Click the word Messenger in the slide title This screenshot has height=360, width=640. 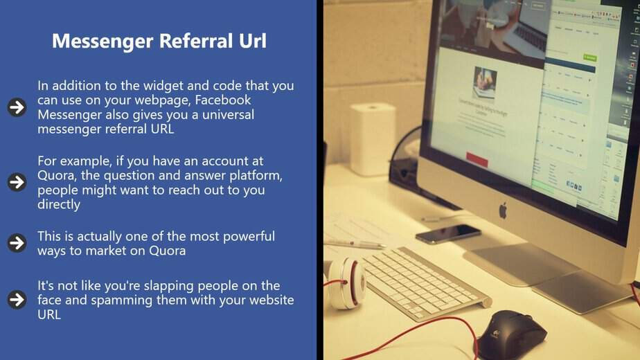[103, 42]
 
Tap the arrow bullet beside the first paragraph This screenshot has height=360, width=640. [17, 107]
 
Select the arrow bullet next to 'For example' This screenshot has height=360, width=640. [17, 182]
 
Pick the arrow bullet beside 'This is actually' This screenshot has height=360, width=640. [17, 243]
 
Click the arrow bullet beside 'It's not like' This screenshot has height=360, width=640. [17, 299]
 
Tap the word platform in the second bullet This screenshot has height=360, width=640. [256, 176]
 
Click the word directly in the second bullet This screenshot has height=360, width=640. [59, 204]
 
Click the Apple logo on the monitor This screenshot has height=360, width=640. [503, 210]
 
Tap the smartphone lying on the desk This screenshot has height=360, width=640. [447, 234]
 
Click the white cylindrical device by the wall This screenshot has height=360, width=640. [373, 139]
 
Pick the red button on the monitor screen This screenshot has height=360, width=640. [477, 160]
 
